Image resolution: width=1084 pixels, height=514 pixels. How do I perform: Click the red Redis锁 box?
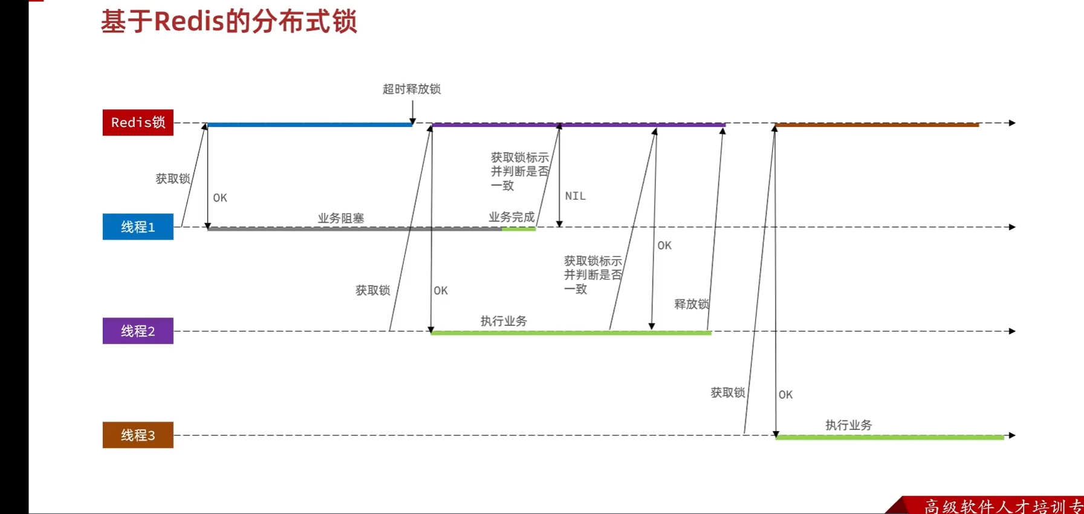138,123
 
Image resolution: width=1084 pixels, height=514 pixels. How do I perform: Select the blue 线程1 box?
138,227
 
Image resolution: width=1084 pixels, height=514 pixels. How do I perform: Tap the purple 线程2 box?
138,331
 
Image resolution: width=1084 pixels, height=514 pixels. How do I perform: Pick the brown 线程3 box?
138,435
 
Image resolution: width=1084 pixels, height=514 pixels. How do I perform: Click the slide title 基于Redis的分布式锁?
229,21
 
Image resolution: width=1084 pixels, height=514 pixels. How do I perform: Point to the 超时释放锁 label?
412,89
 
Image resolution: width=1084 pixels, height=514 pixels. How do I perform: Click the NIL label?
576,196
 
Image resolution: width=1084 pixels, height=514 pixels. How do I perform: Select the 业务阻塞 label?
341,218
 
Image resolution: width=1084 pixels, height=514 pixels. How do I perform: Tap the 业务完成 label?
511,216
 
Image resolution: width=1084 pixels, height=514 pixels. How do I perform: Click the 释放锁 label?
692,304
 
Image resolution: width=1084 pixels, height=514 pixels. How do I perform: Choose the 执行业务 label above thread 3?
849,425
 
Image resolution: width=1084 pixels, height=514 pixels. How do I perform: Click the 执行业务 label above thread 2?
504,321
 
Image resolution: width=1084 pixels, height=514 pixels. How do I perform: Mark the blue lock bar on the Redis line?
310,125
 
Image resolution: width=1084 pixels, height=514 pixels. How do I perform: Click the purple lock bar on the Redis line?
579,125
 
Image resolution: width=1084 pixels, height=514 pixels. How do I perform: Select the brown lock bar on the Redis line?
877,125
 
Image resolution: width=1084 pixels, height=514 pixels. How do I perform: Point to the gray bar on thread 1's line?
355,229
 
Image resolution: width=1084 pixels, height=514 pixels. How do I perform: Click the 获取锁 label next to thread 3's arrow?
728,392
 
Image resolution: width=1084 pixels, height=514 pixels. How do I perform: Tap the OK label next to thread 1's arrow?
220,198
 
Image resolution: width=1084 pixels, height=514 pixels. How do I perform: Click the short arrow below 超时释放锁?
412,112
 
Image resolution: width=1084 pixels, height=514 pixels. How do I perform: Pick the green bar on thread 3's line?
890,437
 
